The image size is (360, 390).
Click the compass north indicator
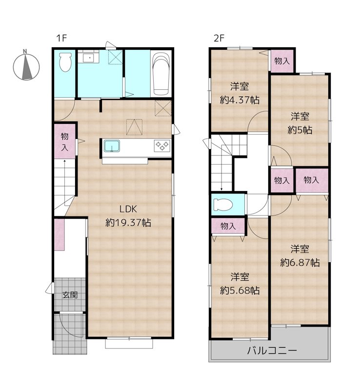[26, 65]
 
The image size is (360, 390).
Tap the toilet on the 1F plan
[65, 62]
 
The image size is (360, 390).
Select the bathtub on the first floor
[161, 74]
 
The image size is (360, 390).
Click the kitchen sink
[112, 146]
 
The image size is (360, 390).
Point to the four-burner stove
[162, 146]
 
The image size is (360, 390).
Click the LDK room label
[128, 209]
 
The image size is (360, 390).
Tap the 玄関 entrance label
[70, 295]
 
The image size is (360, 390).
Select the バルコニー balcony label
[272, 351]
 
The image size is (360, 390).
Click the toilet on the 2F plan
[223, 205]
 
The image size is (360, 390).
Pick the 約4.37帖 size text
[240, 100]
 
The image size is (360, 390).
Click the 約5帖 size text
[300, 130]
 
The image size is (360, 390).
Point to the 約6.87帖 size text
[300, 262]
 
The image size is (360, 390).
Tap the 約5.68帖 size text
[240, 290]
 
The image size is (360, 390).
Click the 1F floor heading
[61, 39]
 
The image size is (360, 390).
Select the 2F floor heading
[219, 39]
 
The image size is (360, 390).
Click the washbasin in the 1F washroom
[89, 58]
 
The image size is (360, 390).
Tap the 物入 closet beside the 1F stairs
[65, 141]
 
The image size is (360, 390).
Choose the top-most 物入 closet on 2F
[282, 61]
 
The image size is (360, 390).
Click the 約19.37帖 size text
[128, 223]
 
